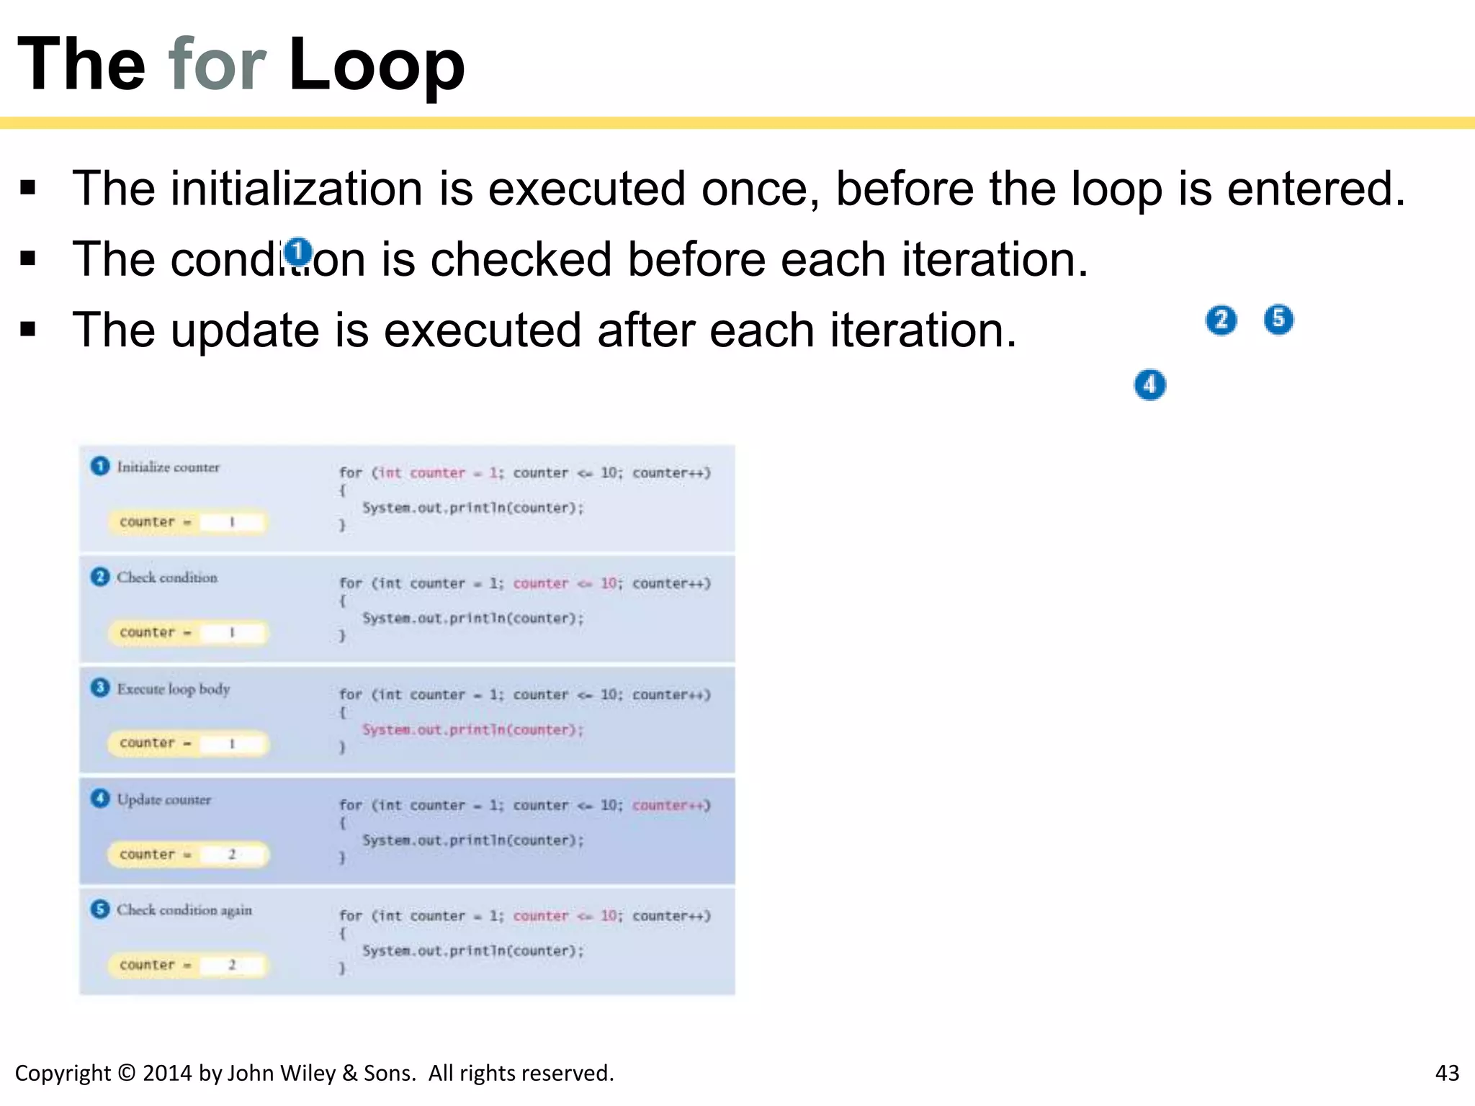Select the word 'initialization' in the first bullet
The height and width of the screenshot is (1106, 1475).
295,189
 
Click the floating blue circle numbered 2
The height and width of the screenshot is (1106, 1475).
1221,320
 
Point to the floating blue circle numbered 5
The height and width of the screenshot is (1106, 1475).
1278,319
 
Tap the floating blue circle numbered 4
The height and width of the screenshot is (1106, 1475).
1149,385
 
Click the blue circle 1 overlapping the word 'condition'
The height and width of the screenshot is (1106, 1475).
297,253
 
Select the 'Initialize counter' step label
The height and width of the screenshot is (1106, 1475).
168,467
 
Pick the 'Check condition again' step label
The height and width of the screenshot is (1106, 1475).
184,910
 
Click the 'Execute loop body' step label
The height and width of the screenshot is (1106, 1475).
174,689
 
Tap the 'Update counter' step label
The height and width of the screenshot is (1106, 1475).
164,800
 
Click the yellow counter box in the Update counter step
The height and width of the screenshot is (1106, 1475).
188,855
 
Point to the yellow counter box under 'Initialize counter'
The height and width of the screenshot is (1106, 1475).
188,522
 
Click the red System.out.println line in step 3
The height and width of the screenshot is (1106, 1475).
472,730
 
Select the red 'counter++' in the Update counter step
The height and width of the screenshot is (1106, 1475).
671,805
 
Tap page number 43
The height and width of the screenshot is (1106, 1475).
1447,1073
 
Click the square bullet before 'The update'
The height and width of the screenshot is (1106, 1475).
28,331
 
